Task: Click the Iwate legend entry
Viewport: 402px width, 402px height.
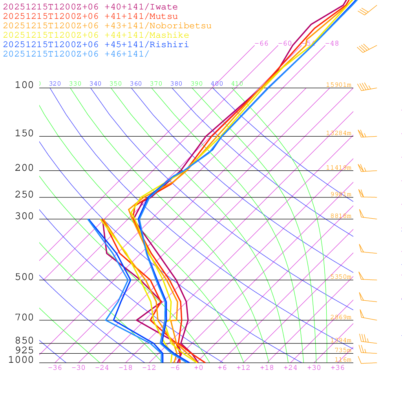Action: pos(90,7)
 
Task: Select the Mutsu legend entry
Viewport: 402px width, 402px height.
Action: pos(90,16)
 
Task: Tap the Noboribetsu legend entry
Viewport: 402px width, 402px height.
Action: pos(107,26)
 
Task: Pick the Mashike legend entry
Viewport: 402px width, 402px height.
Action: pos(96,35)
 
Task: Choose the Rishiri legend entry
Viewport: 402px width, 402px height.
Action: pos(96,44)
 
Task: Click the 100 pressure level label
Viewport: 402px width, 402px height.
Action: pos(24,85)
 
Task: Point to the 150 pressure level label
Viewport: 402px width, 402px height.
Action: pos(24,133)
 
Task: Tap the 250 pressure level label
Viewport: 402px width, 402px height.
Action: pos(24,195)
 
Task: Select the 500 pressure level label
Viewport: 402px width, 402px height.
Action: pos(24,277)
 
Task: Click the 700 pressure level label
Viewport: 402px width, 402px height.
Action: pos(24,318)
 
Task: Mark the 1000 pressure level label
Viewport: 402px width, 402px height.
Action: pos(21,360)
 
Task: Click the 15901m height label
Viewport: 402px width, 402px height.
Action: pos(338,85)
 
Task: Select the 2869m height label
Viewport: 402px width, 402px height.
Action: pos(341,317)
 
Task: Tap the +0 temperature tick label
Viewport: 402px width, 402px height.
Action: pos(199,368)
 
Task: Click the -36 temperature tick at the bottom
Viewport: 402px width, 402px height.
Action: pos(55,368)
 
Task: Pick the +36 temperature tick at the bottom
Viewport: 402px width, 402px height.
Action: pos(338,368)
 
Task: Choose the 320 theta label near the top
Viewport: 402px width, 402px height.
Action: pos(55,84)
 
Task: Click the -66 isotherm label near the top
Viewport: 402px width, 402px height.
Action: pos(261,44)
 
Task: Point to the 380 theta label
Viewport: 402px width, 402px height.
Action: pos(176,84)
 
